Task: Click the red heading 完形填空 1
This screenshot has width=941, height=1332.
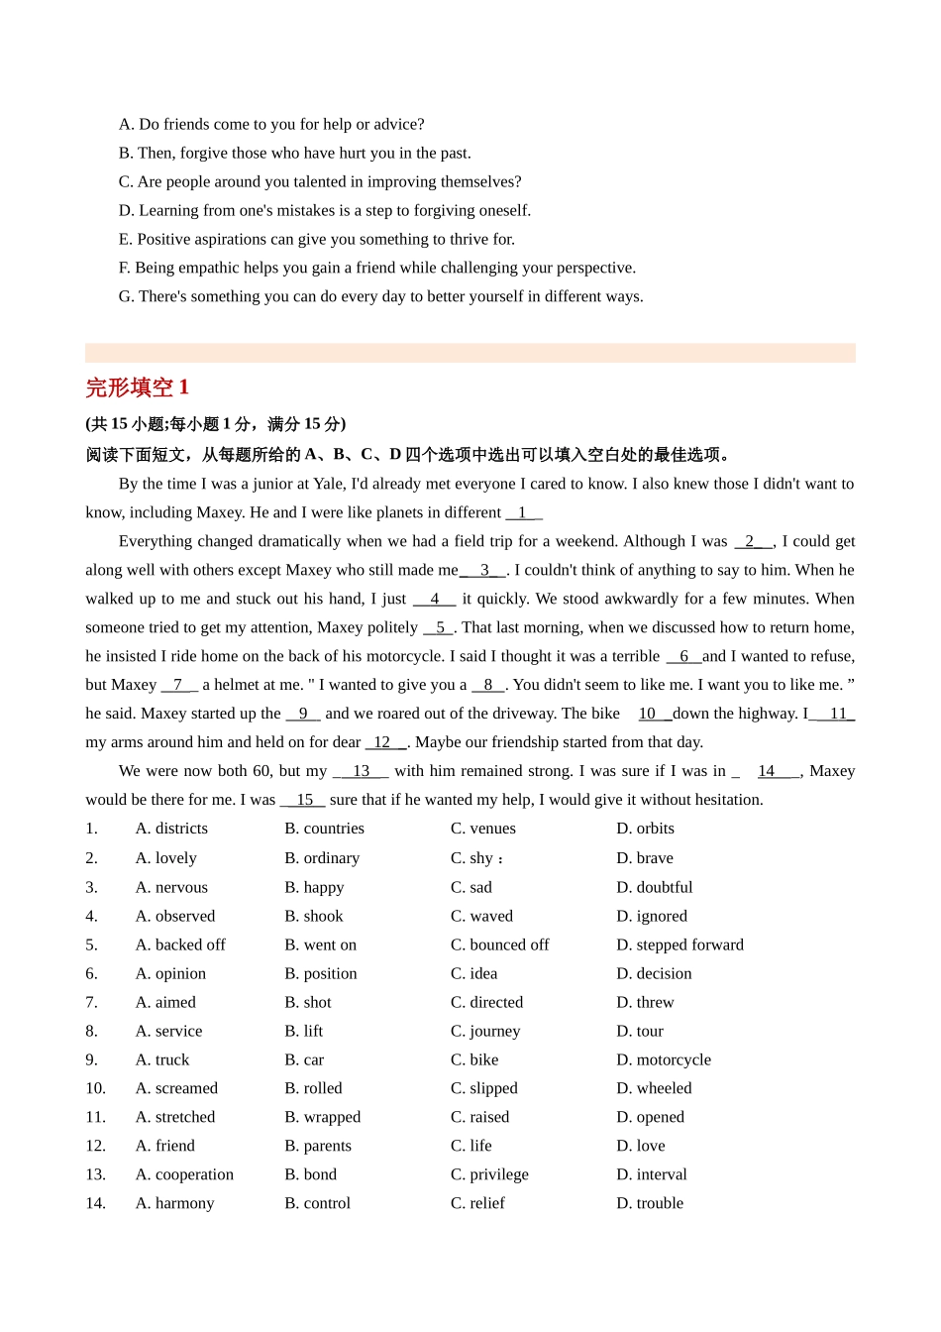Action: (137, 388)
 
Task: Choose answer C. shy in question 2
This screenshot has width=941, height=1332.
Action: (472, 858)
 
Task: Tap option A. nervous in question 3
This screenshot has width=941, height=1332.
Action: (171, 887)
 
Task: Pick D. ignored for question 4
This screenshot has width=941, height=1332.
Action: (651, 916)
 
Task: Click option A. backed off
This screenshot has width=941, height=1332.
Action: (180, 944)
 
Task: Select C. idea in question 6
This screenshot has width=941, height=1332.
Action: (473, 973)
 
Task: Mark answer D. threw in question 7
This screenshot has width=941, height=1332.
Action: (645, 1002)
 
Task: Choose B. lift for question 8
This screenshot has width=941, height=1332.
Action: (303, 1031)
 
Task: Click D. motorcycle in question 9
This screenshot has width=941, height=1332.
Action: (664, 1059)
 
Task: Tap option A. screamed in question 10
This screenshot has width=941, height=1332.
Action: (176, 1088)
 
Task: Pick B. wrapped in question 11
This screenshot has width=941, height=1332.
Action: (322, 1117)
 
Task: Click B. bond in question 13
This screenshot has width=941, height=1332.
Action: (310, 1174)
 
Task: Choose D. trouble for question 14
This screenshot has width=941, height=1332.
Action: (650, 1203)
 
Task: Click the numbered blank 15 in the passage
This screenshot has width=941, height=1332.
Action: (304, 800)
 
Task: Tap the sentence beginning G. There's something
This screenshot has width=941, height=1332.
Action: (380, 296)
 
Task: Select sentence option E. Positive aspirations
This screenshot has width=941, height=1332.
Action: (316, 239)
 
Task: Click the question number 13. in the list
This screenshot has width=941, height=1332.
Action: (95, 1174)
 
